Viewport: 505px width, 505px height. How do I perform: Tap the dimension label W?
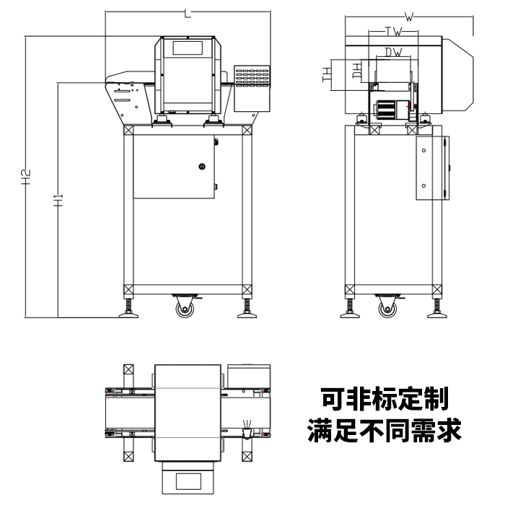tap(409, 17)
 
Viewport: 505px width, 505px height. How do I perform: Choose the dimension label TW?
tap(392, 32)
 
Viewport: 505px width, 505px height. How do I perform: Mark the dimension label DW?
tap(392, 52)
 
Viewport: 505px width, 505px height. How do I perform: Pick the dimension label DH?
tap(356, 71)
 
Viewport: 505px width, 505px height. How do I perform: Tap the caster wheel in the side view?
tap(387, 308)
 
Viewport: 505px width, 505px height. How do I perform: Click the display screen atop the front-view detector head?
tap(188, 47)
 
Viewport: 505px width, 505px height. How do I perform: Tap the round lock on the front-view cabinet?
tap(202, 167)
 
